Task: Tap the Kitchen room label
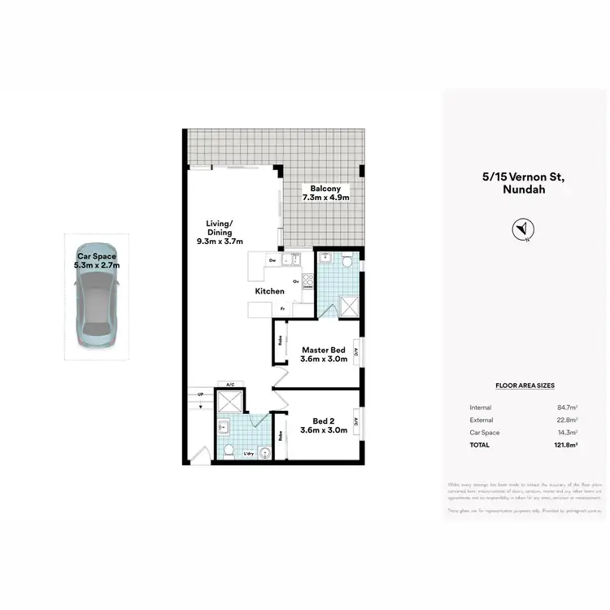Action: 270,291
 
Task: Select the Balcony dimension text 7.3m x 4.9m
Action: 325,198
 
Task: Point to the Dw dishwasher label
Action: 273,260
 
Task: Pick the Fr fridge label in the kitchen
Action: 282,309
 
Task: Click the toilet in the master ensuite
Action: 347,261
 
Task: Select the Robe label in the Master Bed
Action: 281,341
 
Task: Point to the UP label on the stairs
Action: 201,395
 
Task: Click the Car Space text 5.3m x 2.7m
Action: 97,265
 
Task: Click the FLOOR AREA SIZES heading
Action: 525,386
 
